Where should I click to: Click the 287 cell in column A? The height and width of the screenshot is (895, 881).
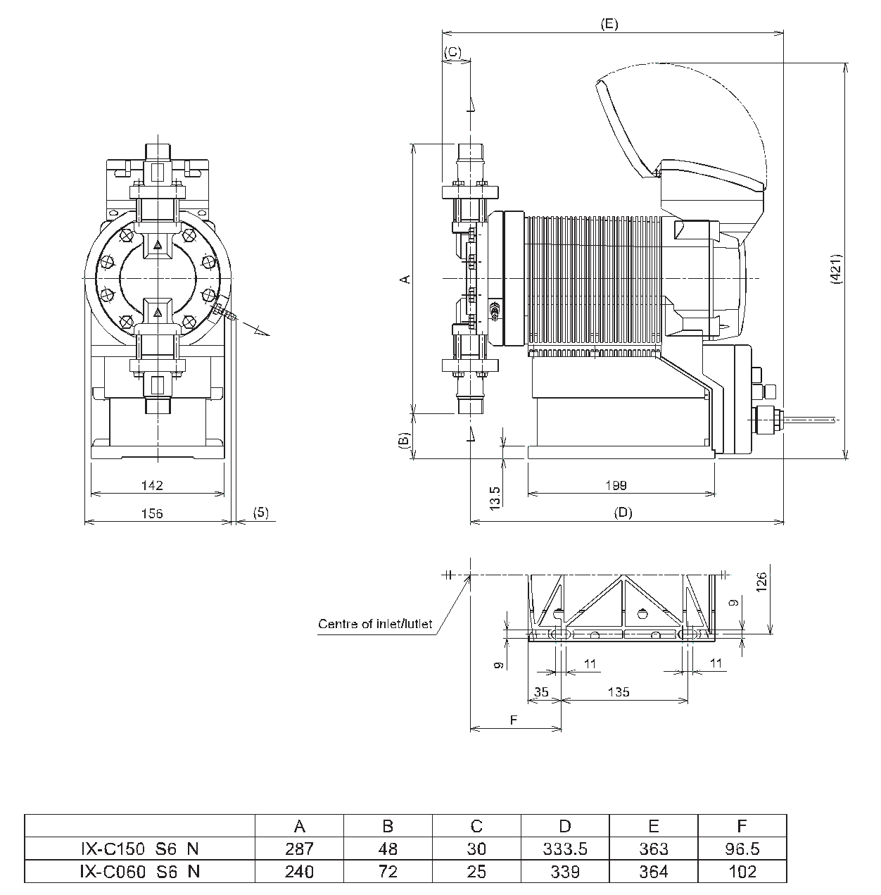click(299, 849)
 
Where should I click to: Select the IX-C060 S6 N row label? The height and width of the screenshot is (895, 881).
click(140, 871)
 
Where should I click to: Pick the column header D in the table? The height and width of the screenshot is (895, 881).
click(565, 826)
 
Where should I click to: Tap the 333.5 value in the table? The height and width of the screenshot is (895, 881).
click(565, 849)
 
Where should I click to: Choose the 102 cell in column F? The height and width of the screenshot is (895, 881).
click(742, 871)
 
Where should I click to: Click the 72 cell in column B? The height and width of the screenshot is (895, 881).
click(388, 871)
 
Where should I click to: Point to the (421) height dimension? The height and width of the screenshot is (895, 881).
click(836, 268)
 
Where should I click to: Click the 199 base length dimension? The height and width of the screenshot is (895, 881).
click(615, 485)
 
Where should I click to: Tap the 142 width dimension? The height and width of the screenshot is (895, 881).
click(151, 485)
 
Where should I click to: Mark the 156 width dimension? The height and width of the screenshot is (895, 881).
click(151, 513)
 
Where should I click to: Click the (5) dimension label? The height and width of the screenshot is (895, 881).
click(261, 513)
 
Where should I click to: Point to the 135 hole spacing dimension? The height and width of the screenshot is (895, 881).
click(618, 691)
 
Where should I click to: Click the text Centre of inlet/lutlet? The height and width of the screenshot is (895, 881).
click(375, 624)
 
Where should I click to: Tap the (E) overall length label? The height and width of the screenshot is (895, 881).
click(609, 23)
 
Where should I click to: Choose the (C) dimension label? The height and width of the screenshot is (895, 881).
click(453, 52)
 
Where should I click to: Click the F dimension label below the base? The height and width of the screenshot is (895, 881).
click(513, 720)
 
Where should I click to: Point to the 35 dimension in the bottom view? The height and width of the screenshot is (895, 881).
click(540, 691)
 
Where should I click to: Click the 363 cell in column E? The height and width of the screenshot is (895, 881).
click(654, 849)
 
